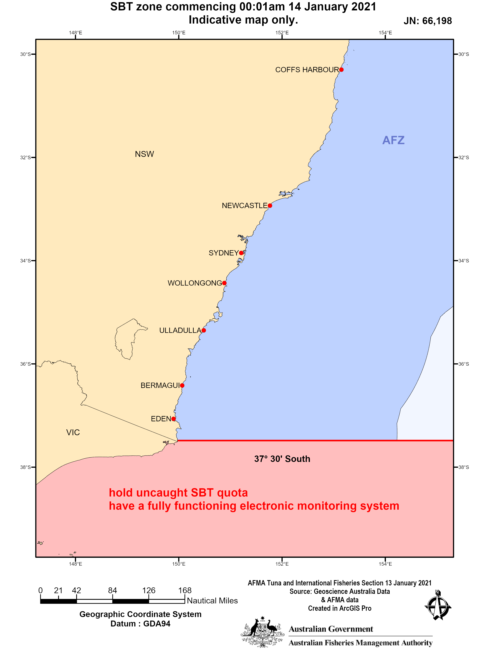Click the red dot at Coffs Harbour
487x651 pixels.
point(341,70)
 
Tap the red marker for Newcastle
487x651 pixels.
point(270,206)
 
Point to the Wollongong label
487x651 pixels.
point(195,283)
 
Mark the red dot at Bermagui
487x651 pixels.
point(182,386)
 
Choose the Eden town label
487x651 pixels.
point(161,419)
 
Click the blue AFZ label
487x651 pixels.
point(393,140)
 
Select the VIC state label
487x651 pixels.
point(73,432)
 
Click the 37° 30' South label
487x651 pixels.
point(282,459)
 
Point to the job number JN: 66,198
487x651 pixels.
point(427,21)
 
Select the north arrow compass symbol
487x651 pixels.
point(438,606)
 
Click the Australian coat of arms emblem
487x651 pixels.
point(263,632)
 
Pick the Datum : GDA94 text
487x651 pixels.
point(140,624)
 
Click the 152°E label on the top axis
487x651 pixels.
point(282,33)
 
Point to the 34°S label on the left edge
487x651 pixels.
point(25,261)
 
